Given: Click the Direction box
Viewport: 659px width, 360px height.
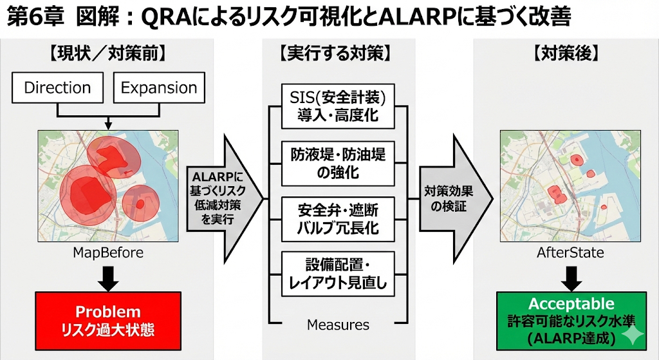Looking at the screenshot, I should (x=57, y=88).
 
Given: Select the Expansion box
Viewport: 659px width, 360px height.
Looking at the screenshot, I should (x=159, y=88).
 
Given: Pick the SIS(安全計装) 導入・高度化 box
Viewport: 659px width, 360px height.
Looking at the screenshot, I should (x=338, y=106).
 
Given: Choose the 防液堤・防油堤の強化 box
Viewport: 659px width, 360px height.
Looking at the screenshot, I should (x=338, y=162).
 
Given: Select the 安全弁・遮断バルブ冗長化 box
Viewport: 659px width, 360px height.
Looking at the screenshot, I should (x=338, y=219).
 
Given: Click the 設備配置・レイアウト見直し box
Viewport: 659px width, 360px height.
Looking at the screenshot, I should (x=338, y=273).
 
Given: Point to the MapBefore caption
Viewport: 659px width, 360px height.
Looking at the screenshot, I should (x=108, y=252).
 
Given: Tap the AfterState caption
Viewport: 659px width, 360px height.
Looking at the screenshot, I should (x=570, y=252).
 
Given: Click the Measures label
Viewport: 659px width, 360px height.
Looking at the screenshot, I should (x=338, y=325).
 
